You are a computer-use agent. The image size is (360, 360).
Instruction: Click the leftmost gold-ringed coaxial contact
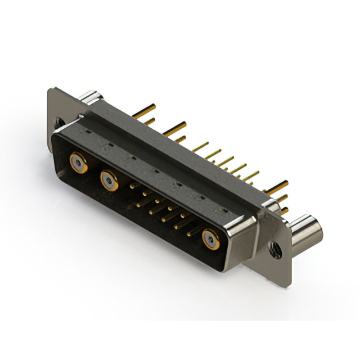(x=78, y=164)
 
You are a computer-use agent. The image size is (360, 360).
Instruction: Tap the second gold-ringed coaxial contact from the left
(x=109, y=181)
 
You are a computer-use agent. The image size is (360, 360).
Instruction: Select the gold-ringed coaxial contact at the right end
(x=211, y=238)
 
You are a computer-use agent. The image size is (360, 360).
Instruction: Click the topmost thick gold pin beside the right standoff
(x=278, y=186)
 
